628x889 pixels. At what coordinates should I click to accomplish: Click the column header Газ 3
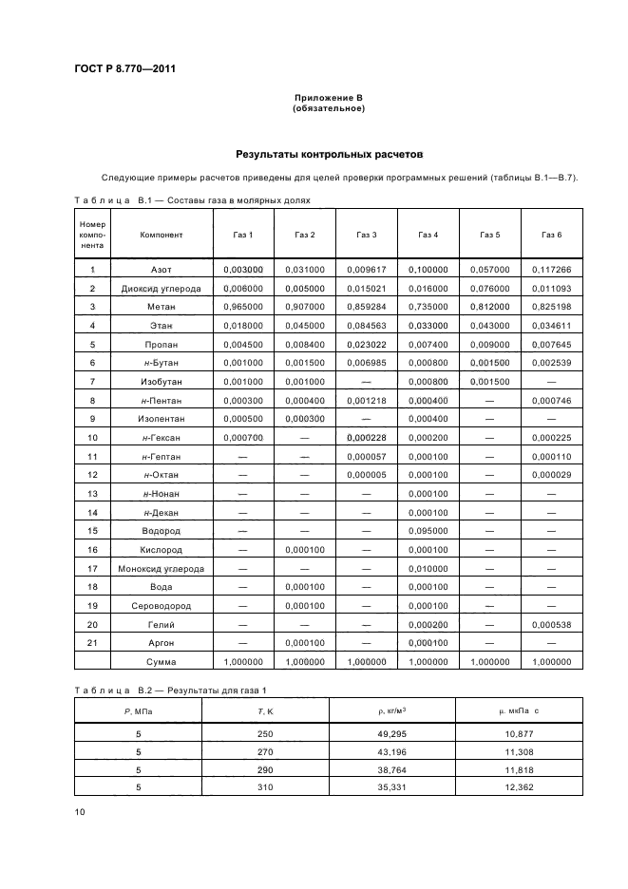pos(367,235)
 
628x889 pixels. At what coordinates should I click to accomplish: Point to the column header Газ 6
pos(551,235)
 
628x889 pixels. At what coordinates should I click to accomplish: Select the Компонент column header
pos(161,235)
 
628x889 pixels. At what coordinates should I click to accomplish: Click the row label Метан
pos(161,307)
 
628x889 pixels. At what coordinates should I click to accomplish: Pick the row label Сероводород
pos(161,605)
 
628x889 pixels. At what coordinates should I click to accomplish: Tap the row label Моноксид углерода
pos(161,568)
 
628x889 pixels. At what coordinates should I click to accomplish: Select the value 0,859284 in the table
pos(367,307)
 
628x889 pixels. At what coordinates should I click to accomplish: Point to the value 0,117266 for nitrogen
pos(551,270)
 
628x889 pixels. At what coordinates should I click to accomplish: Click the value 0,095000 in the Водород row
pos(428,531)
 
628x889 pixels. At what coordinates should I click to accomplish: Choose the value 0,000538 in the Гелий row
pos(551,624)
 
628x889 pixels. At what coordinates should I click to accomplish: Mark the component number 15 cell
pos(92,531)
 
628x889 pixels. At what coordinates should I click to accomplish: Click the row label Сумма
pos(161,661)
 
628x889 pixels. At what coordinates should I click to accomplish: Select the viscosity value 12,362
pos(519,787)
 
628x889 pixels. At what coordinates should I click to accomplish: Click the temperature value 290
pos(264,769)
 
